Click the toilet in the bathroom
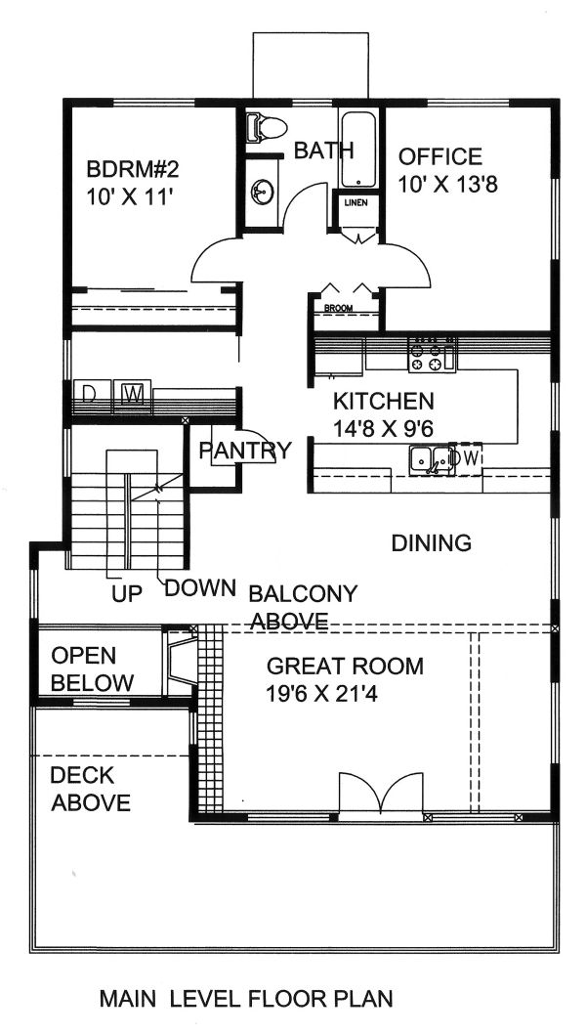coord(267,125)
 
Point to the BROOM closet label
coord(339,309)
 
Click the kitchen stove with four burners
coord(432,355)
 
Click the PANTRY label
coord(245,451)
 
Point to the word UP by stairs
coord(124,592)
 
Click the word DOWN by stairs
coord(200,588)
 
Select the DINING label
coord(431,542)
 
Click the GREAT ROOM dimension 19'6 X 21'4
coord(345,697)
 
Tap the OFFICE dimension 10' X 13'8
coord(449,184)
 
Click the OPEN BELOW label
coord(91,668)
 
